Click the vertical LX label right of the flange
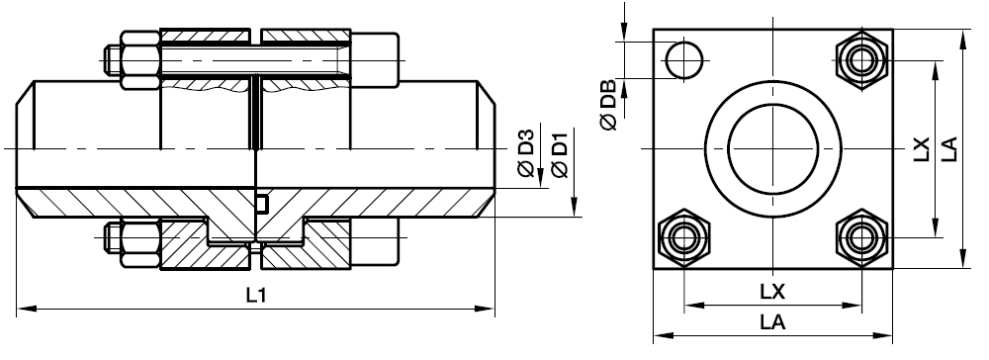point(920,150)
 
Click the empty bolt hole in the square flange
point(684,59)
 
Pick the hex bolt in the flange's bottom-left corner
point(684,236)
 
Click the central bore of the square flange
point(772,148)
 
